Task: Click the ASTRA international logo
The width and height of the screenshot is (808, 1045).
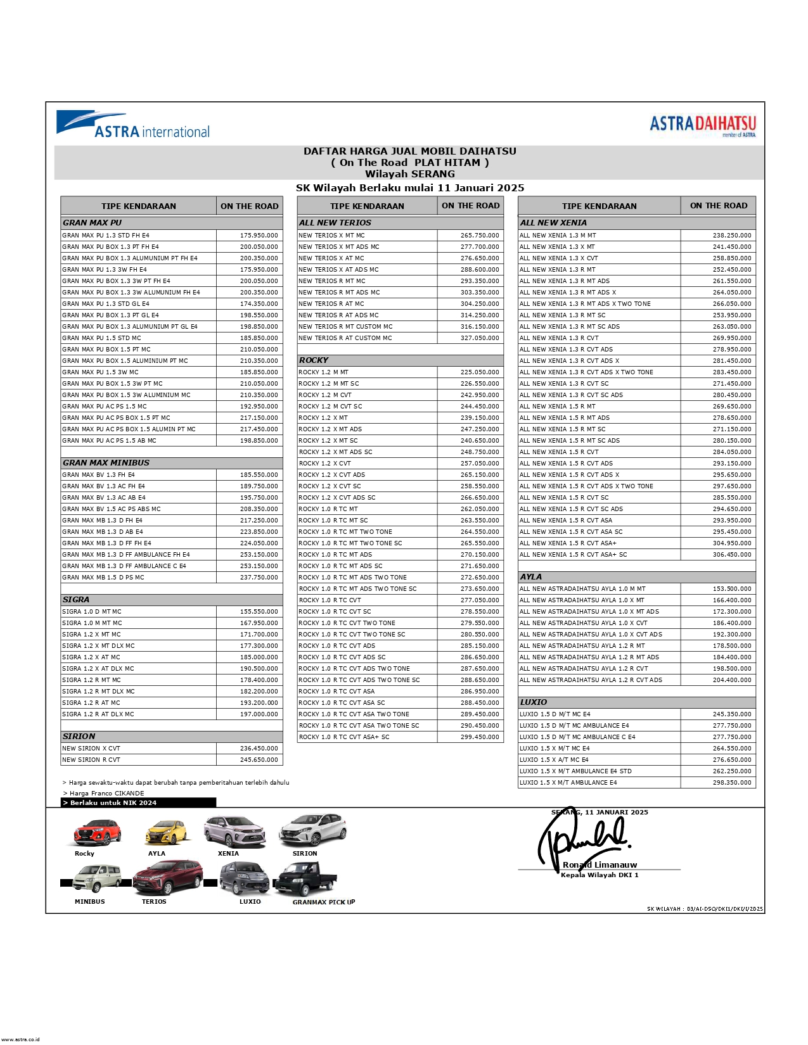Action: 133,125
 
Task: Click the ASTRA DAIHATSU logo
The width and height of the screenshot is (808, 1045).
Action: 702,124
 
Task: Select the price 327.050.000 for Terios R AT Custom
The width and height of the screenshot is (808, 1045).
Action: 479,338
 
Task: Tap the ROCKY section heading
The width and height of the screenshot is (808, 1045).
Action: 314,360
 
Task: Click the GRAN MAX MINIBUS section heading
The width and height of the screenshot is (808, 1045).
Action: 106,462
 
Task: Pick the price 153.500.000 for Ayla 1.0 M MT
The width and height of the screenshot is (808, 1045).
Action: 731,589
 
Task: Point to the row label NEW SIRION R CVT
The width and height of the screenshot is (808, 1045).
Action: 91,760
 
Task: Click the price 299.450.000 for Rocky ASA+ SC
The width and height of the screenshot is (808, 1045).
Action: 479,737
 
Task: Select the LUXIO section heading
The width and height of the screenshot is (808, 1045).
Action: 533,702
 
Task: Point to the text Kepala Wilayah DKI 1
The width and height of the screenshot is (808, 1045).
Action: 599,875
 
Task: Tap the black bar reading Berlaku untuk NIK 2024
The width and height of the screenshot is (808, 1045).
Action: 139,802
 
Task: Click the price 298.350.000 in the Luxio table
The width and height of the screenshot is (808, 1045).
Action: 731,783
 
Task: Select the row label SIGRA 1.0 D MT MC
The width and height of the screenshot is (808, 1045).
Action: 92,612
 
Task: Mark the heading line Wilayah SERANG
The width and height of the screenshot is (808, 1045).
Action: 409,174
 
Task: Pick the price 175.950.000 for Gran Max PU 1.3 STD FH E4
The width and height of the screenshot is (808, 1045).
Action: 259,236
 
